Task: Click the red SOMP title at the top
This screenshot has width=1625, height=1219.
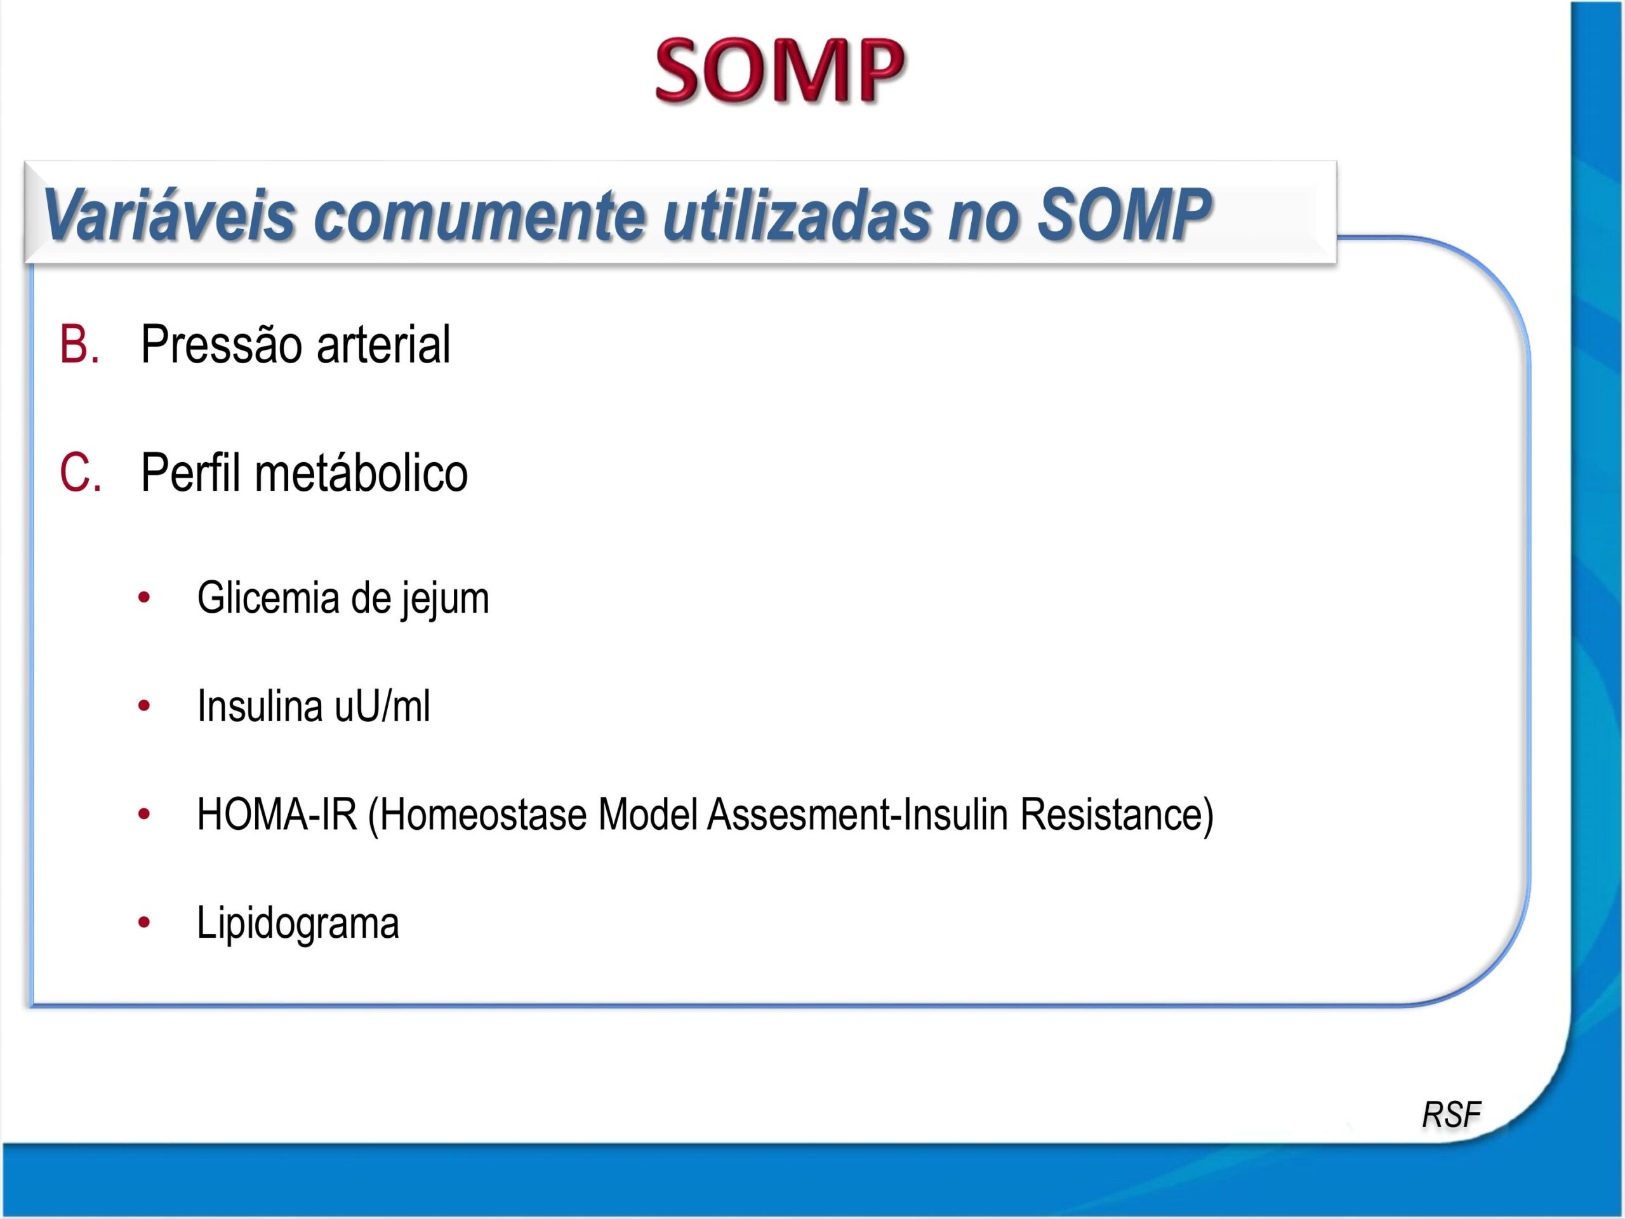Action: click(779, 70)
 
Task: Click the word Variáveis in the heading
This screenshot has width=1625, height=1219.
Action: click(169, 215)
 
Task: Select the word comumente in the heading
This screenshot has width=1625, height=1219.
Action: click(480, 215)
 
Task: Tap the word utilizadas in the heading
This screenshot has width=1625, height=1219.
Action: click(797, 215)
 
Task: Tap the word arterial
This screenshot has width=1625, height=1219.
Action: click(383, 344)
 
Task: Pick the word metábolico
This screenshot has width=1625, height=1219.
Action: click(361, 472)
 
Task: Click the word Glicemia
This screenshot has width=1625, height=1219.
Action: click(267, 597)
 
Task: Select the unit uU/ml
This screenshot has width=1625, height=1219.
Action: click(382, 706)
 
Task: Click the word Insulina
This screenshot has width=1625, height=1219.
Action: click(260, 706)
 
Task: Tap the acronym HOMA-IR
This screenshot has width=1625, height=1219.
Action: click(277, 814)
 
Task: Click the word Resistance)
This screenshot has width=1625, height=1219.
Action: click(1117, 814)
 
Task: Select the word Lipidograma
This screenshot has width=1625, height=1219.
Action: click(298, 923)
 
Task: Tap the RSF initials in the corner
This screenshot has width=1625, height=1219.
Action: click(1451, 1115)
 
